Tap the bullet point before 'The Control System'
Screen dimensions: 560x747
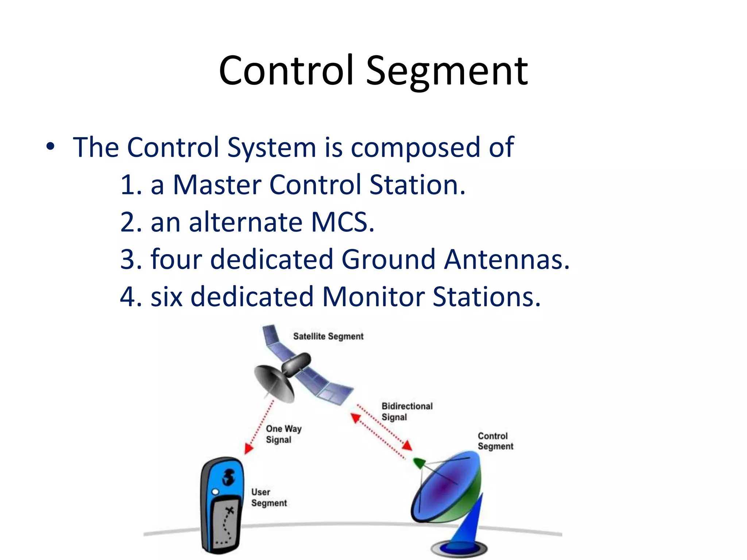pyautogui.click(x=50, y=147)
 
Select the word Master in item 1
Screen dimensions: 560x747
pyautogui.click(x=217, y=184)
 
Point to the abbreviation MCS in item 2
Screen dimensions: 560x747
pyautogui.click(x=342, y=222)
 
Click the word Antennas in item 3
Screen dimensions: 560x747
pyautogui.click(x=507, y=259)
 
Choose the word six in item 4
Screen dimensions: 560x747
pyautogui.click(x=166, y=296)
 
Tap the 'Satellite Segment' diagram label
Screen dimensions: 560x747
pyautogui.click(x=328, y=336)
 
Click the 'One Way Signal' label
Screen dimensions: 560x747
pyautogui.click(x=283, y=434)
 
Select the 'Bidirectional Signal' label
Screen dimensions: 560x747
pyautogui.click(x=407, y=411)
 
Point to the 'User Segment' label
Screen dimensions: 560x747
pyautogui.click(x=269, y=497)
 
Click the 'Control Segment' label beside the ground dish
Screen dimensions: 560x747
pyautogui.click(x=495, y=441)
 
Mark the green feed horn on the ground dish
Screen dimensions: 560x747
pyautogui.click(x=419, y=463)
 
